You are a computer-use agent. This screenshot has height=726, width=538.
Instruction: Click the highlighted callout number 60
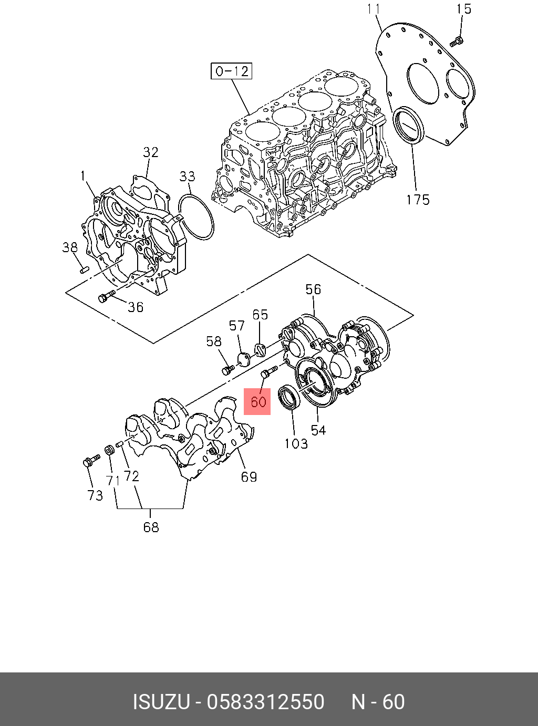(x=257, y=402)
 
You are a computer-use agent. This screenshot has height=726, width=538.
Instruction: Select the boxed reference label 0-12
(x=232, y=71)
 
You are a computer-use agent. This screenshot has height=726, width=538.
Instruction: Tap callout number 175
(x=418, y=200)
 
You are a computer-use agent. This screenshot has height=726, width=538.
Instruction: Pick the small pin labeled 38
(x=82, y=269)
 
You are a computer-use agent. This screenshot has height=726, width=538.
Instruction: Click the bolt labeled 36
(x=106, y=297)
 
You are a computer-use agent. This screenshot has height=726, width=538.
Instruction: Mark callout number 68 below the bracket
(x=151, y=527)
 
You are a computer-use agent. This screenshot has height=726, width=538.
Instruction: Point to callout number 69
(x=249, y=476)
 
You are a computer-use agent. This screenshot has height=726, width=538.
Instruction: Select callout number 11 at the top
(x=374, y=9)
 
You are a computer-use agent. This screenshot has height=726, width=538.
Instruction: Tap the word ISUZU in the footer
(x=161, y=702)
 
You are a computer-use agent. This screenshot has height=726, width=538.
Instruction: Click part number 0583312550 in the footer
(x=266, y=702)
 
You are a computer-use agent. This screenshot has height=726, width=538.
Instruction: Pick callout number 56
(x=313, y=289)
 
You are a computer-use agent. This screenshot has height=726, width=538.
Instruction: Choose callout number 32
(x=151, y=152)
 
